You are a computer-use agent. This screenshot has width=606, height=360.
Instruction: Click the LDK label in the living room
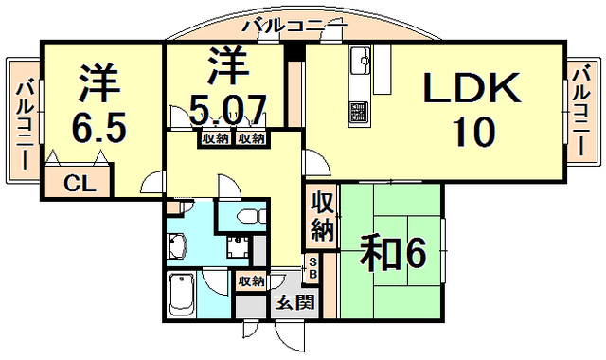(472, 90)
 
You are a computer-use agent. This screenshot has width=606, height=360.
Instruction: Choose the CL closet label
(79, 184)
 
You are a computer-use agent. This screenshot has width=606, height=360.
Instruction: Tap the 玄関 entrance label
(289, 304)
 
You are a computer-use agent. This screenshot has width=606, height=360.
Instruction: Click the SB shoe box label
(312, 268)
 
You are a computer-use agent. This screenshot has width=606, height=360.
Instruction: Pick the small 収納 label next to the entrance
(250, 281)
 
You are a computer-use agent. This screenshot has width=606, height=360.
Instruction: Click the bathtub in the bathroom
(180, 297)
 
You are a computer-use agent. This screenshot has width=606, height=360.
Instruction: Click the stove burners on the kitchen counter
(359, 112)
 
